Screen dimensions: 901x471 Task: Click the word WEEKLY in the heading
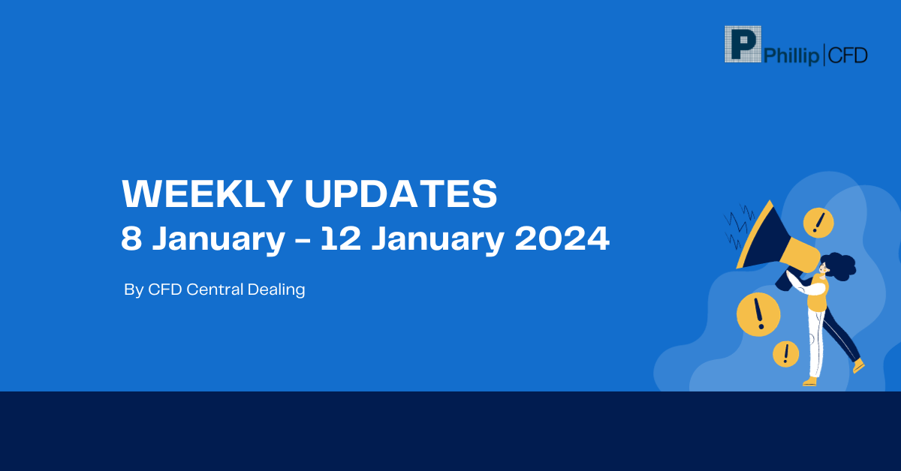(x=207, y=193)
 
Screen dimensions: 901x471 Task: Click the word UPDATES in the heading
(x=401, y=193)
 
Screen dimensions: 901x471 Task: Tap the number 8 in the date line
(x=131, y=238)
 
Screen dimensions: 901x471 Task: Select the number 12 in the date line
(x=341, y=238)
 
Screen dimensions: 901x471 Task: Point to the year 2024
(x=562, y=238)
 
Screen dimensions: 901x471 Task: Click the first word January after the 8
(x=218, y=240)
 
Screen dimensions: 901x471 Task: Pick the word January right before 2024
(x=438, y=240)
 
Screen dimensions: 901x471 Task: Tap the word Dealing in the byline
(x=276, y=290)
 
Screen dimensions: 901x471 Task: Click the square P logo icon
(x=743, y=44)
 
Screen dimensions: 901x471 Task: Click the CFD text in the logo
(x=848, y=55)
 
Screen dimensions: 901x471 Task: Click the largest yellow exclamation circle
(x=758, y=314)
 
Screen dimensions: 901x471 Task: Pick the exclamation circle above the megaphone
(x=818, y=223)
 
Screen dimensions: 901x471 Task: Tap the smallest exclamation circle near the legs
(x=785, y=354)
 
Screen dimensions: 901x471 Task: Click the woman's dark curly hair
(x=840, y=266)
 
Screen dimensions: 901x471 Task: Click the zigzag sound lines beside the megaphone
(x=740, y=226)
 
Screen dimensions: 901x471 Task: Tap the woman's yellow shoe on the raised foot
(x=858, y=366)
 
